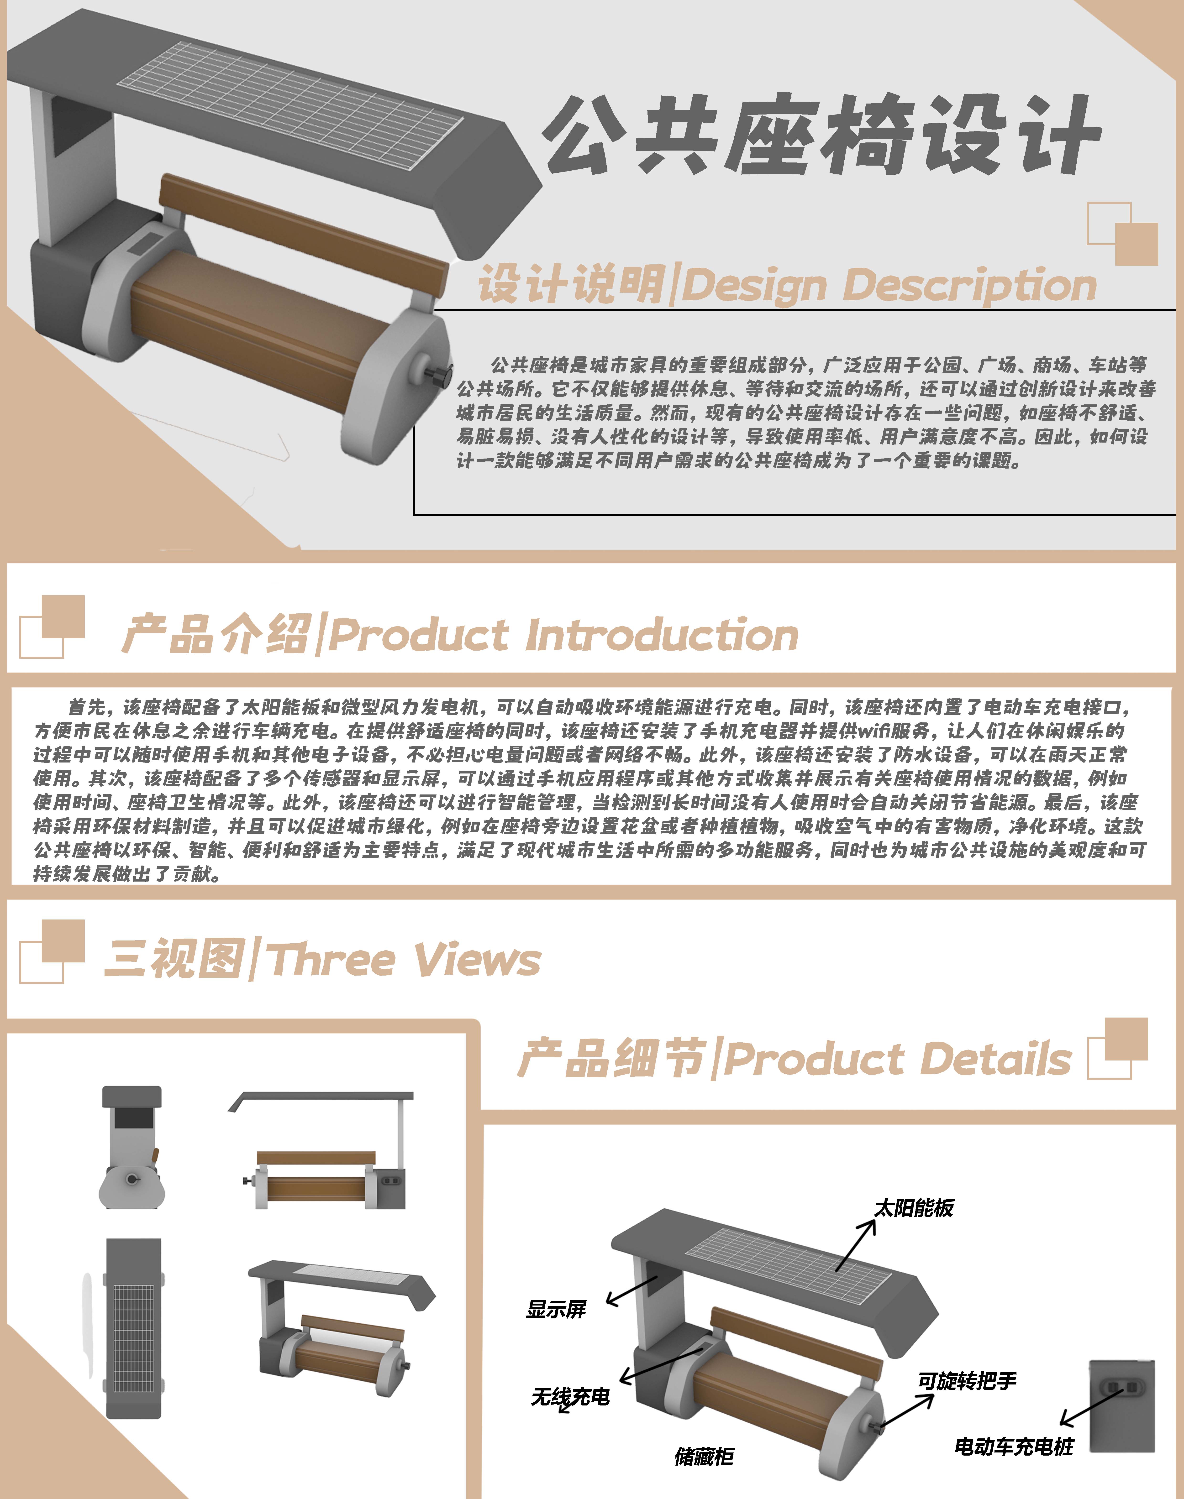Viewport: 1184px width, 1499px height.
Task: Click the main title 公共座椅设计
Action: [x=821, y=135]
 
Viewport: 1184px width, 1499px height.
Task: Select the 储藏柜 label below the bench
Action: [x=704, y=1456]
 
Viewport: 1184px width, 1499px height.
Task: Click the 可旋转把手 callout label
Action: [x=967, y=1381]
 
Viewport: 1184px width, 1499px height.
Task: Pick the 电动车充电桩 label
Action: [x=1014, y=1446]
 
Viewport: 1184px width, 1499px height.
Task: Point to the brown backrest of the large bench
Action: [x=303, y=232]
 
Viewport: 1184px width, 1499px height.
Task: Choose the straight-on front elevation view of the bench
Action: [x=322, y=1150]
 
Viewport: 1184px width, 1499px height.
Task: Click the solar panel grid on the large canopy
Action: [x=290, y=104]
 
